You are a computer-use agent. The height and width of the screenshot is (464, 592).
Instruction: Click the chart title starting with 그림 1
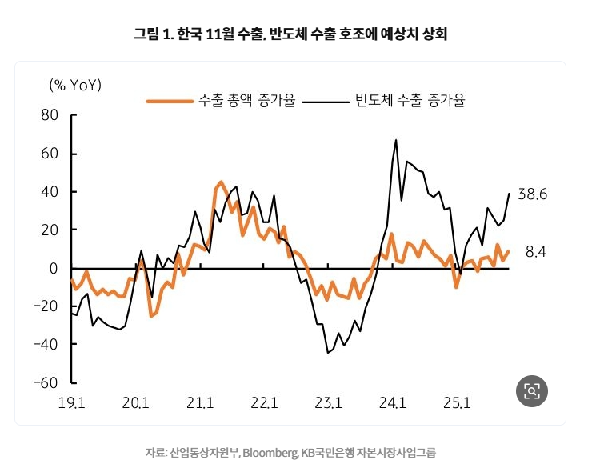pos(295,34)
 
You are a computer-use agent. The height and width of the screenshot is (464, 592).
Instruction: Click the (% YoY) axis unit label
pos(75,84)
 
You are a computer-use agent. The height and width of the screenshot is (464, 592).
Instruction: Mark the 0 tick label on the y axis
pos(54,268)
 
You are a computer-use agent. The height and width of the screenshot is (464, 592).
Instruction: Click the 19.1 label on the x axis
pos(72,402)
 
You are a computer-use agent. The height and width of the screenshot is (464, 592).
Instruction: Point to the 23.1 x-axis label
pos(328,402)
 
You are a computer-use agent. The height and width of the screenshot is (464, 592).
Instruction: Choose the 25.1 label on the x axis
pos(456,402)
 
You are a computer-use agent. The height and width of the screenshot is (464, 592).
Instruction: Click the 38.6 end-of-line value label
pos(532,194)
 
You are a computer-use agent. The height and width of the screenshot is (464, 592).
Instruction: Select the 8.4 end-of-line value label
pos(535,252)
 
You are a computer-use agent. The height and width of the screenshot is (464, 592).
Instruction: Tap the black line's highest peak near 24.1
pos(396,140)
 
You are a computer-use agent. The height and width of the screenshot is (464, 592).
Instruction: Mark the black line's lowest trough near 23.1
pos(328,353)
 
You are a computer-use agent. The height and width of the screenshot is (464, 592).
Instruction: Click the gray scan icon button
pos(531,390)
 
